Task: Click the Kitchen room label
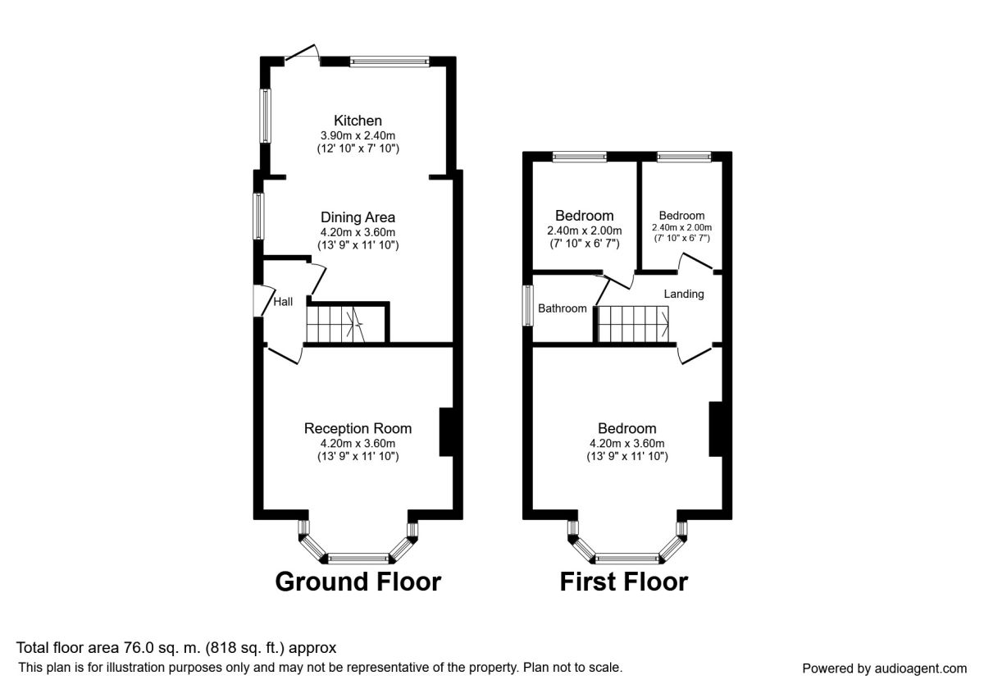click(358, 121)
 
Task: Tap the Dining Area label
click(358, 217)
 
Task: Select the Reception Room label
click(358, 428)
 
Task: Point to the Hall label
click(283, 302)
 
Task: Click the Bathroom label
click(563, 308)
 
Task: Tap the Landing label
click(684, 294)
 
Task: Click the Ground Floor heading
click(358, 582)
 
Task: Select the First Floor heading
click(624, 582)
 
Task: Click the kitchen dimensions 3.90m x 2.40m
click(358, 135)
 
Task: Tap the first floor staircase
click(633, 324)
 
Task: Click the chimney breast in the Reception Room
click(446, 432)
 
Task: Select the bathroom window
click(527, 306)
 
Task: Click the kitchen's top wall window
click(389, 62)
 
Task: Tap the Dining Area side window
click(259, 217)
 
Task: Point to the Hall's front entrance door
click(263, 300)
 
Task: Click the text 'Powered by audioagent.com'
click(884, 668)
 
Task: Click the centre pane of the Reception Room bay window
click(358, 559)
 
